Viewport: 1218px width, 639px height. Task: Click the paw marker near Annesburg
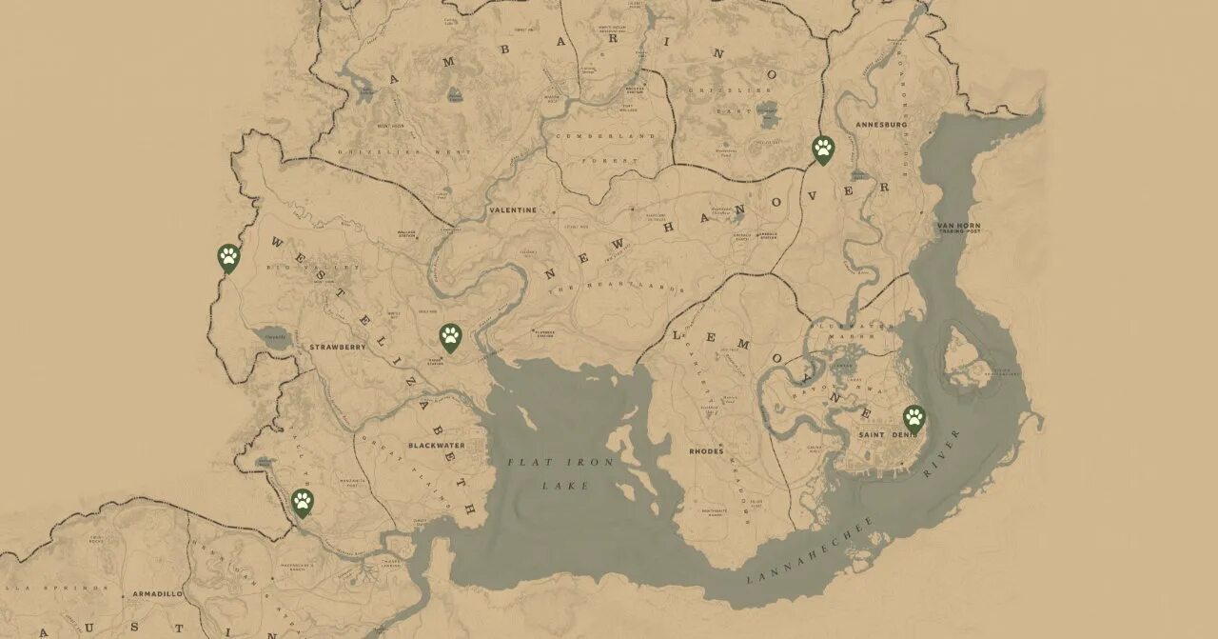[823, 149]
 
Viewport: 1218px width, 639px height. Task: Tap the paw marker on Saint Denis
[913, 416]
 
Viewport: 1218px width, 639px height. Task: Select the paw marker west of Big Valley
[228, 256]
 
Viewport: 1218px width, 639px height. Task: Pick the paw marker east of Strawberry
[450, 335]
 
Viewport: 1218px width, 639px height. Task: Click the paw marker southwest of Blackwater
[303, 501]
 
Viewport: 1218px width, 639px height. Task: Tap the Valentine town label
[513, 210]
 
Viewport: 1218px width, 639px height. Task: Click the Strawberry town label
[338, 348]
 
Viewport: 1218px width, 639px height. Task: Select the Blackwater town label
[437, 445]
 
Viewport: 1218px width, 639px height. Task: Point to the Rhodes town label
[706, 451]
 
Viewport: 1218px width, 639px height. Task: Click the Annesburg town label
[882, 125]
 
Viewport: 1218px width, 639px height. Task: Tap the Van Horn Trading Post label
[958, 229]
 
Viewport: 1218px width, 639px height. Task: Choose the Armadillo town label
[158, 593]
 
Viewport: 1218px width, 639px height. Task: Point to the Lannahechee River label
[856, 533]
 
